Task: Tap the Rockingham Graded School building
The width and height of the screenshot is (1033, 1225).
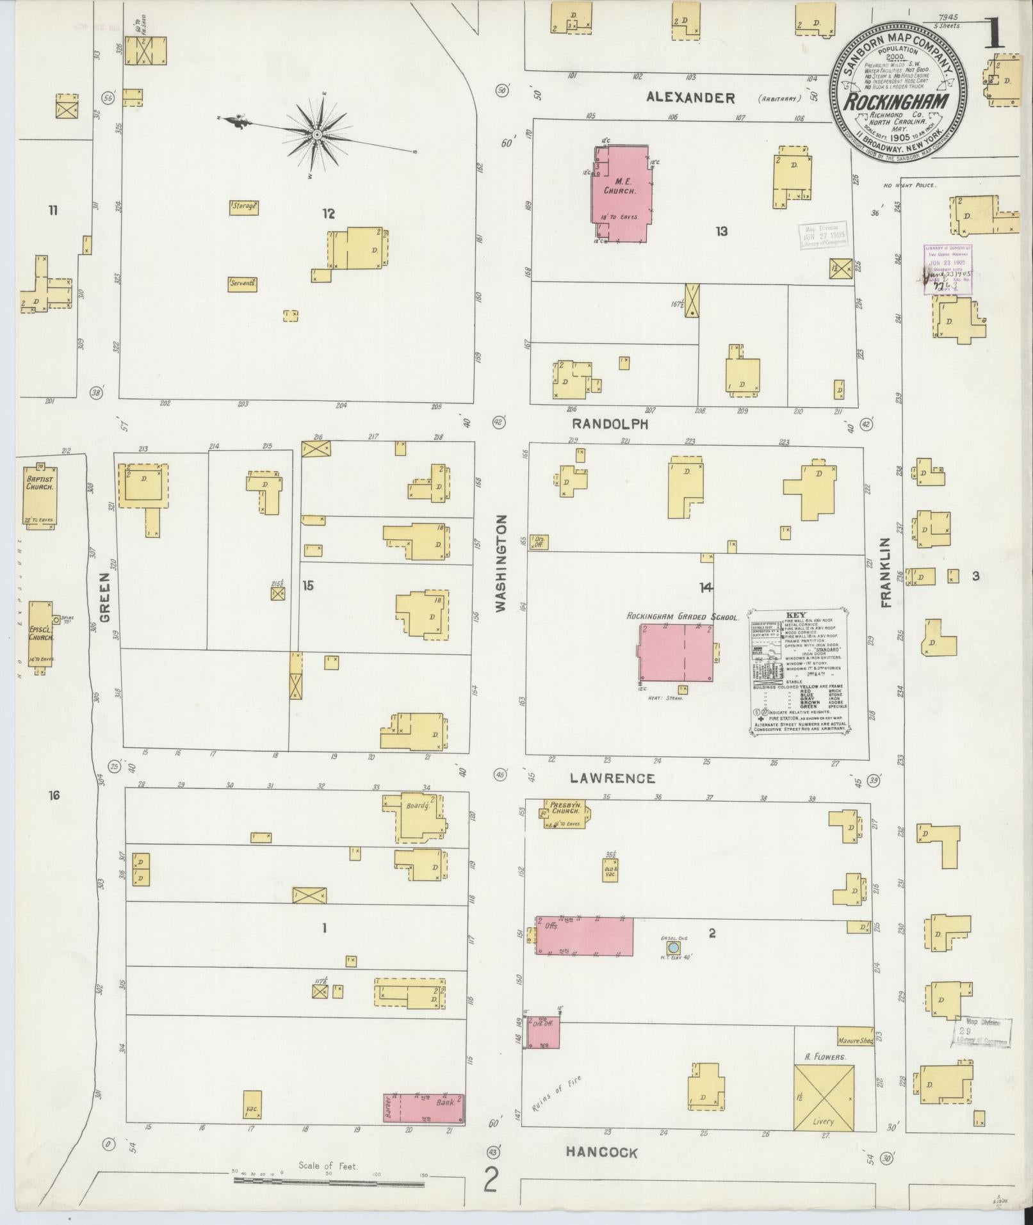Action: tap(676, 653)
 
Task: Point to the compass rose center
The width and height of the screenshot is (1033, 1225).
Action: tap(316, 134)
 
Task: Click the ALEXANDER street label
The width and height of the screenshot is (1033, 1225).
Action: tap(690, 97)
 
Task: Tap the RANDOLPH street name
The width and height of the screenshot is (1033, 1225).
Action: tap(610, 424)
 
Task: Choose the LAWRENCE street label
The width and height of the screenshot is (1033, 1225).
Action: tap(614, 778)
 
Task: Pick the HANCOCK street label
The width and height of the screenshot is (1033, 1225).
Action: tap(601, 1153)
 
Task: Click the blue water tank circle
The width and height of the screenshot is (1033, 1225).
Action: tap(672, 947)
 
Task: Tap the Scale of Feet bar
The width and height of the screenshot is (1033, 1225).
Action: tap(328, 1179)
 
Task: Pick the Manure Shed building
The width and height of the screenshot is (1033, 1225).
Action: tap(855, 1041)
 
